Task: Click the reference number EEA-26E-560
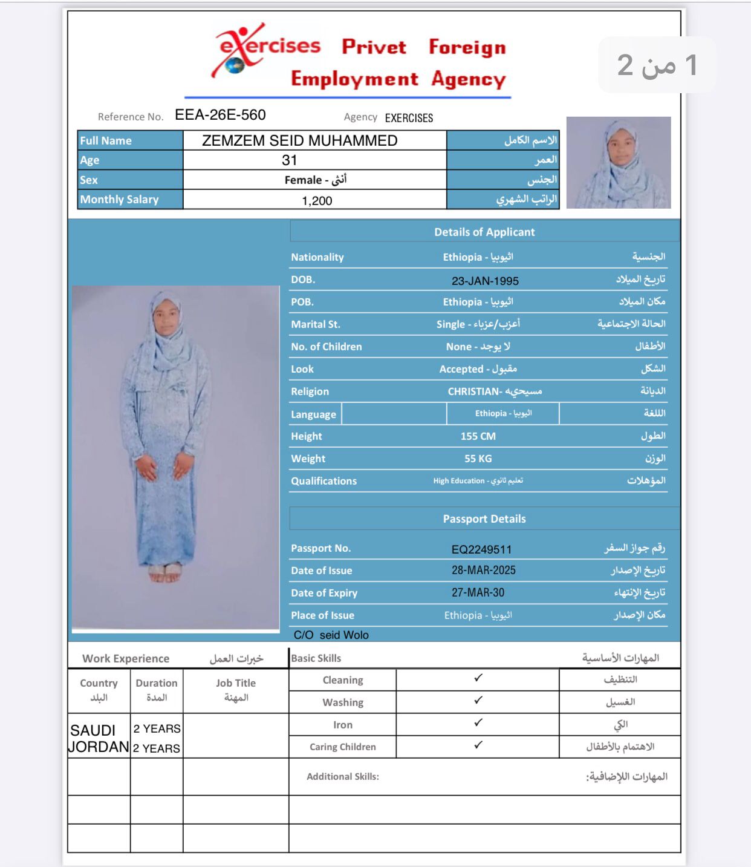(x=220, y=115)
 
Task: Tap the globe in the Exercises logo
(x=235, y=65)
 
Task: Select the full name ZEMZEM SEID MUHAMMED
(x=299, y=140)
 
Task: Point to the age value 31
(x=290, y=160)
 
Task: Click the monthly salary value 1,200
(x=317, y=201)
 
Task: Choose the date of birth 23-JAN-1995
(x=485, y=281)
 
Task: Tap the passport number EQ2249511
(x=481, y=549)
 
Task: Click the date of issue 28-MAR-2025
(x=483, y=571)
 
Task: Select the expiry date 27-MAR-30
(x=478, y=593)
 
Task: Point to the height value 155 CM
(x=478, y=436)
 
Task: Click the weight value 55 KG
(x=478, y=459)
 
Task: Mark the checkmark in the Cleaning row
(x=478, y=678)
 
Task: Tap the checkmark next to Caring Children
(x=478, y=745)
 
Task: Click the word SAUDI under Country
(x=93, y=730)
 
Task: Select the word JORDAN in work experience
(x=99, y=747)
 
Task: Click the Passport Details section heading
(x=484, y=519)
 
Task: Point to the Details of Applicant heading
(x=484, y=232)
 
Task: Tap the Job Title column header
(x=236, y=683)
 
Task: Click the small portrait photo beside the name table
(x=619, y=163)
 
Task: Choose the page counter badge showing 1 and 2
(x=657, y=65)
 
